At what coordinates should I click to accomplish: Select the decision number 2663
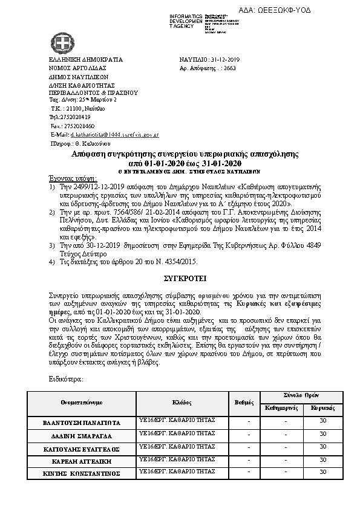coord(229,69)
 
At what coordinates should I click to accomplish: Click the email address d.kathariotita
coord(114,135)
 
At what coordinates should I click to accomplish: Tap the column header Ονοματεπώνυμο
coord(82,401)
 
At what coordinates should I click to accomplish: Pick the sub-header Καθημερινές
coord(283,408)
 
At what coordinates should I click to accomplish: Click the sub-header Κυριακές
coord(323,408)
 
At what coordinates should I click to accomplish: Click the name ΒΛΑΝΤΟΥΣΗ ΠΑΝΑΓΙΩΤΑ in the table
coord(82,423)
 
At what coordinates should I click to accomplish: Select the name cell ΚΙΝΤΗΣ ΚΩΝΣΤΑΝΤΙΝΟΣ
coord(82,472)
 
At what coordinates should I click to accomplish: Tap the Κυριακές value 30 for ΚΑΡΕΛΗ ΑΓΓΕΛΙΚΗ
coord(323,460)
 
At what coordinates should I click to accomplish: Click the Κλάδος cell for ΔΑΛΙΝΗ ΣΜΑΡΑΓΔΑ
coord(177,433)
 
